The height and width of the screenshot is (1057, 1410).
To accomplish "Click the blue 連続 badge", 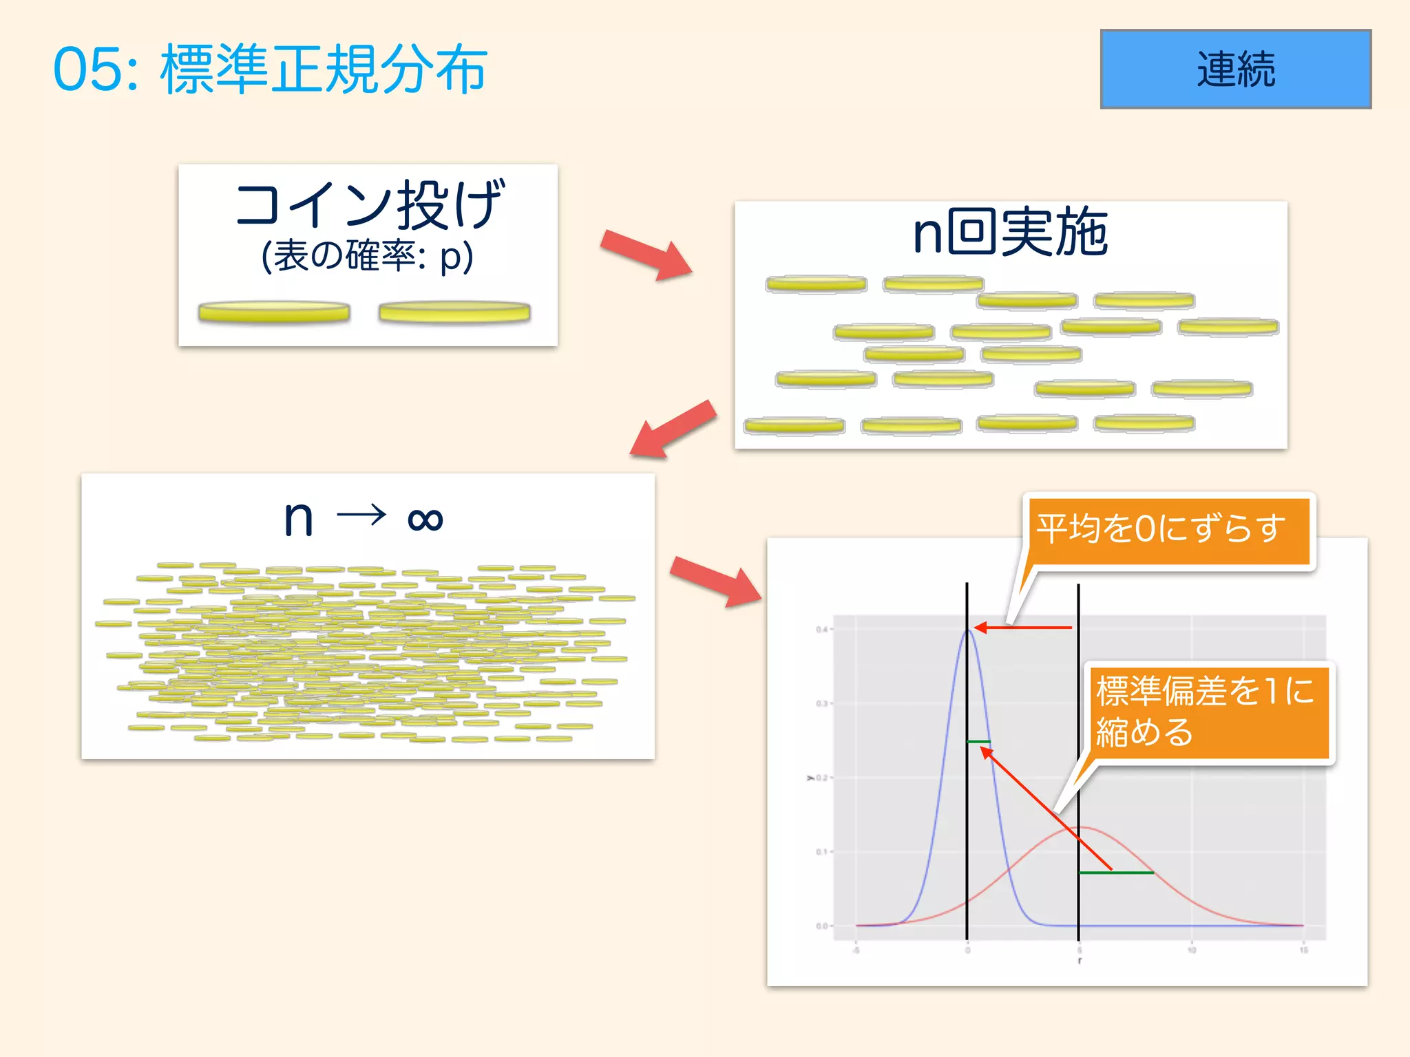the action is coord(1235,69).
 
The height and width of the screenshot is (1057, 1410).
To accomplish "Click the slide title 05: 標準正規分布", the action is coord(270,69).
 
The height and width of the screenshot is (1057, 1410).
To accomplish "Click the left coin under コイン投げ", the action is coord(274,312).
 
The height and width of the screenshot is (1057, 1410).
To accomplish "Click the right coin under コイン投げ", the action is coord(454,312).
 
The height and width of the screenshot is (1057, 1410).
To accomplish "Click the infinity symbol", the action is coord(425,519).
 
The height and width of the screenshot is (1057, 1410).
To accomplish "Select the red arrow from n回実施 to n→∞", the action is coord(673,429).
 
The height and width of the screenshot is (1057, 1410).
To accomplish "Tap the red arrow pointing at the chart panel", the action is coord(716,580).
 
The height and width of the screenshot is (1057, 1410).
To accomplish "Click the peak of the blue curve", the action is coord(967,630).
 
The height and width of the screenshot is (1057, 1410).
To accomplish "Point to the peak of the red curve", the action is coord(1080,827).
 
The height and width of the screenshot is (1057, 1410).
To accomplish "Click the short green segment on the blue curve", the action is coord(978,742).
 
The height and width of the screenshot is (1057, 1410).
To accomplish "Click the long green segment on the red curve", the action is coord(1115,873).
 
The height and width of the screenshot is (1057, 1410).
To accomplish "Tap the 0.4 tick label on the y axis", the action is coord(821,630).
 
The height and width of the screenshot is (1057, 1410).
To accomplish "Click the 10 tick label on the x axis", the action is coord(1191,950).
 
